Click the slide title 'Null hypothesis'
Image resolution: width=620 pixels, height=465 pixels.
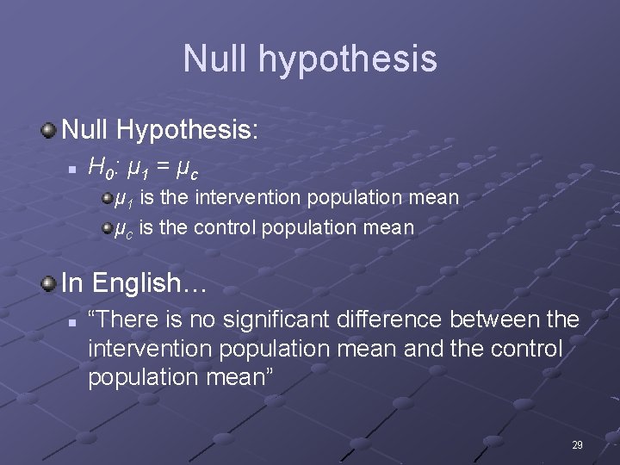click(x=309, y=59)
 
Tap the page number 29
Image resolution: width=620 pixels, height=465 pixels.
click(x=577, y=445)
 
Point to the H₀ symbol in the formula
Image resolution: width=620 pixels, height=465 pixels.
click(x=100, y=165)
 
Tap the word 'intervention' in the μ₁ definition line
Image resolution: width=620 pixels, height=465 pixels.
click(x=249, y=198)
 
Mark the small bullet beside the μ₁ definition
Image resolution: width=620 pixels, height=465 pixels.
click(x=106, y=199)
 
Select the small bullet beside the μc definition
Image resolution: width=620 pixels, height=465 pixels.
click(x=106, y=228)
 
